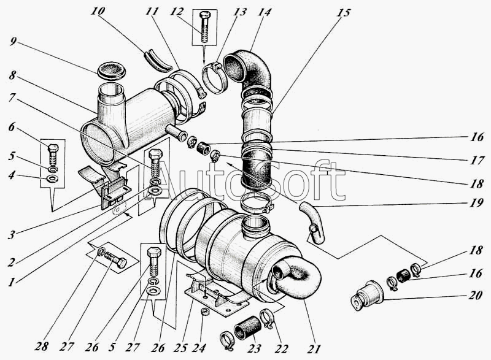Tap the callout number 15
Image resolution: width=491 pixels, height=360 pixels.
point(344,13)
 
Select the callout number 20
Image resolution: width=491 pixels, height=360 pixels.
point(475,295)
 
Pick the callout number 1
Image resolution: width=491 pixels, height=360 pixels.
point(11,283)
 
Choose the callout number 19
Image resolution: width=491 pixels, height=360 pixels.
point(477,204)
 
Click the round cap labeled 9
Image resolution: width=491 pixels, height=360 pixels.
point(112,72)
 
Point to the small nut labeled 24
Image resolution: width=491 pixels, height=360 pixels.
point(205,311)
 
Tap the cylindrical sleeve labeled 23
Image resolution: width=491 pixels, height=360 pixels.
point(248,327)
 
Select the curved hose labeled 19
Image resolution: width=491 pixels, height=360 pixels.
point(313,222)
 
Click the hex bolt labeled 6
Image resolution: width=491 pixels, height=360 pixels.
point(53,155)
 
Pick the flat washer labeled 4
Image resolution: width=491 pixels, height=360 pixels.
point(52,179)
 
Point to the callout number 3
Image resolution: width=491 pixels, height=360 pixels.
point(11,234)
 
